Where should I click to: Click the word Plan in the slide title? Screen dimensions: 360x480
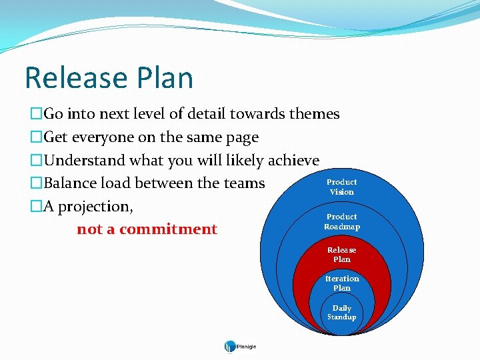click(167, 77)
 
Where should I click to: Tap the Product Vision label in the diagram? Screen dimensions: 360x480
click(341, 187)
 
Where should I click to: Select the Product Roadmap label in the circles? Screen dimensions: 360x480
click(341, 221)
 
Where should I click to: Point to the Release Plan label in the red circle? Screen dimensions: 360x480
click(341, 254)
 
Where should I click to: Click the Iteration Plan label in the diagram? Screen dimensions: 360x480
click(341, 283)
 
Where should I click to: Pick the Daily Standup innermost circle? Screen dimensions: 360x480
click(341, 313)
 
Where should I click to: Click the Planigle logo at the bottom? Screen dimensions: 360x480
click(240, 346)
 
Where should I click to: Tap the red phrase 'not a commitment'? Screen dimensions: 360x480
click(147, 229)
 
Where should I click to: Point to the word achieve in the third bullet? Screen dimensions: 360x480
click(293, 161)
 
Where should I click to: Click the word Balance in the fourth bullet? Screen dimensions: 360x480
click(71, 183)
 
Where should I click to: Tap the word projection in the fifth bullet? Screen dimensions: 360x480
click(95, 207)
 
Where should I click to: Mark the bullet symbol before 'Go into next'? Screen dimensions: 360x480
click(36, 115)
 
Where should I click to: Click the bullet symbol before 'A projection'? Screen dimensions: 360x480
click(36, 207)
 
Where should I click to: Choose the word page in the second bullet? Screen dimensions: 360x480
click(240, 138)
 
